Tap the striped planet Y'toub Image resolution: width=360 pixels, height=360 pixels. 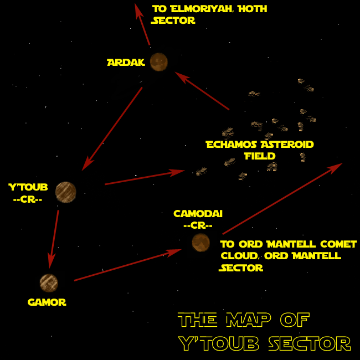[65, 192]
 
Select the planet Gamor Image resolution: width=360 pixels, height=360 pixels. [49, 283]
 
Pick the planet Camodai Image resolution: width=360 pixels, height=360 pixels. [200, 242]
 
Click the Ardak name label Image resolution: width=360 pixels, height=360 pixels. [126, 63]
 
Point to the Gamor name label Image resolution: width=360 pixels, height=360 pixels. [47, 302]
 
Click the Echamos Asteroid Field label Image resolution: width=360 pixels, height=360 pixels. [259, 150]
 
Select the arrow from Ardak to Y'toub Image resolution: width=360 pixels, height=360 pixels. [112, 128]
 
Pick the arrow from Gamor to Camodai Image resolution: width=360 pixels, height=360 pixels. [128, 265]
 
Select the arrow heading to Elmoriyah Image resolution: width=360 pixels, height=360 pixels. [143, 25]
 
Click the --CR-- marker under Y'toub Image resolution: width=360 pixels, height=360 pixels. [28, 197]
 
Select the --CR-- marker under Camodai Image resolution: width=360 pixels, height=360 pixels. [198, 225]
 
